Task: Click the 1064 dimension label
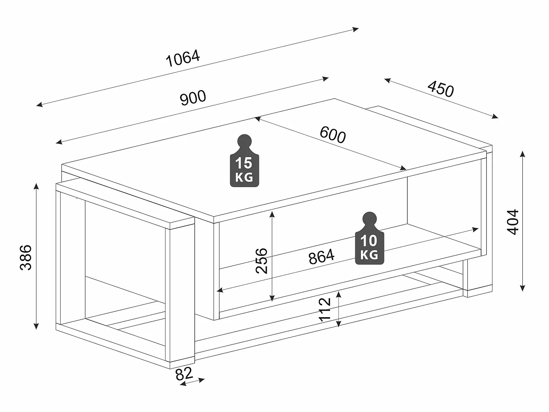(183, 59)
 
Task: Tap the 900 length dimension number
(193, 98)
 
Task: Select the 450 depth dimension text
(441, 89)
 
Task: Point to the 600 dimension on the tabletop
(332, 134)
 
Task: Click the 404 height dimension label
(513, 222)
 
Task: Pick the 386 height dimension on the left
(26, 257)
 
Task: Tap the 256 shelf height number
(262, 261)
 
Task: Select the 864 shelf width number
(321, 257)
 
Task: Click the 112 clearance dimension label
(325, 310)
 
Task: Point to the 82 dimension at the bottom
(184, 374)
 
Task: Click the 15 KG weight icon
(244, 161)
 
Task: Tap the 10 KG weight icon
(369, 239)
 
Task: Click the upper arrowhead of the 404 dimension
(523, 153)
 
